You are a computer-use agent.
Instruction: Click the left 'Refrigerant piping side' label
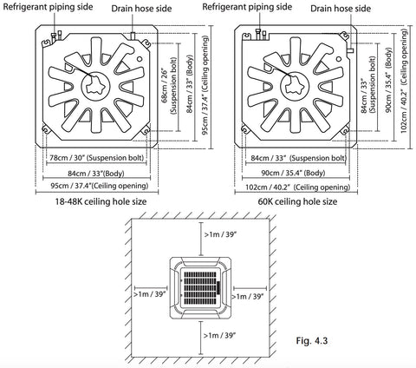[48, 7]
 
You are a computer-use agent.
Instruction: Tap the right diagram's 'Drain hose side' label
[341, 9]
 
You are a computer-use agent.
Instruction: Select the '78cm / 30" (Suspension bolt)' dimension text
[96, 158]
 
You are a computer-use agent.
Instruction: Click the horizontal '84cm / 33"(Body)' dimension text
[96, 174]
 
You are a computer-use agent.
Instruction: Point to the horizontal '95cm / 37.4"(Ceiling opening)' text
[100, 186]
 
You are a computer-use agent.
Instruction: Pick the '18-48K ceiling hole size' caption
[101, 201]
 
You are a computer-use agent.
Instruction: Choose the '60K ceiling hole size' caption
[297, 201]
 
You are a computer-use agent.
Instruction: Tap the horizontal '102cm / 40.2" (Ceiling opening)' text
[297, 187]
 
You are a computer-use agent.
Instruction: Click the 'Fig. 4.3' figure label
[312, 340]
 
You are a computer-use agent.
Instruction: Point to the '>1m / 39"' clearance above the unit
[220, 234]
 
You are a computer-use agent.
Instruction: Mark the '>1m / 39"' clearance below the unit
[219, 335]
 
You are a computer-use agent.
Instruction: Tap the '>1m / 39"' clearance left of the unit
[149, 294]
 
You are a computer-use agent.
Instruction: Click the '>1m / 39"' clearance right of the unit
[248, 296]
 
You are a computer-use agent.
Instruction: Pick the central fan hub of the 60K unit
[295, 86]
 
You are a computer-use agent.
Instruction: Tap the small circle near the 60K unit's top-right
[339, 59]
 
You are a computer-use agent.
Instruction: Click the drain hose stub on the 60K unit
[350, 50]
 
